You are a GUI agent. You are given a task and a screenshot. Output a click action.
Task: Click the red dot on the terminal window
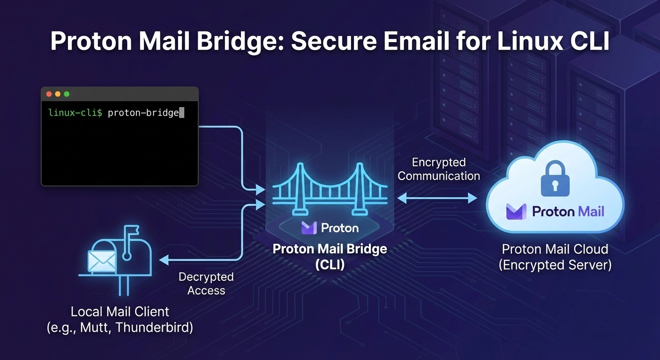[49, 94]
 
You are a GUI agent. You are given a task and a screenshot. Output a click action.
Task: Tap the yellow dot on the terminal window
[58, 94]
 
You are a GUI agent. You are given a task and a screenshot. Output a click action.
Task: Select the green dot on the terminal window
[67, 94]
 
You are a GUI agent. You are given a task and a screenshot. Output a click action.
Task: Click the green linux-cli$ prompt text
[75, 113]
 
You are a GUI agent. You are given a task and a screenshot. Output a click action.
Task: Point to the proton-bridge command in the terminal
[143, 113]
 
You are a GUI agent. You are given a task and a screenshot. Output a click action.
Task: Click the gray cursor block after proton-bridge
[182, 113]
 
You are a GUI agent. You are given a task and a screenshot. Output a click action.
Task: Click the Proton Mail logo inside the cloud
[555, 211]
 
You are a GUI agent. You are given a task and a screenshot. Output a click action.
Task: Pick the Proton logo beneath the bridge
[330, 228]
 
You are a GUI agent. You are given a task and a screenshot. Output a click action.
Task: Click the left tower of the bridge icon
[300, 187]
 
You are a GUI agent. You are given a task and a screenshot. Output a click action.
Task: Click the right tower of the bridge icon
[360, 187]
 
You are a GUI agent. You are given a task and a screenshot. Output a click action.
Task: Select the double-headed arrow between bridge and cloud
[437, 199]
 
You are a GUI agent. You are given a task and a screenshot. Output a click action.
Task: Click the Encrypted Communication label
[439, 169]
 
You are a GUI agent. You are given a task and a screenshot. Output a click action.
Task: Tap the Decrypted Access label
[206, 284]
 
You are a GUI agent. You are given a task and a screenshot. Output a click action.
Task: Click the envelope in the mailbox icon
[102, 261]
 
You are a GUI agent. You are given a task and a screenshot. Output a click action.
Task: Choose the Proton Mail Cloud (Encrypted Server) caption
[555, 257]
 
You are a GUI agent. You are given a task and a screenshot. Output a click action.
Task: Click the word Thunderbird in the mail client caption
[154, 327]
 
